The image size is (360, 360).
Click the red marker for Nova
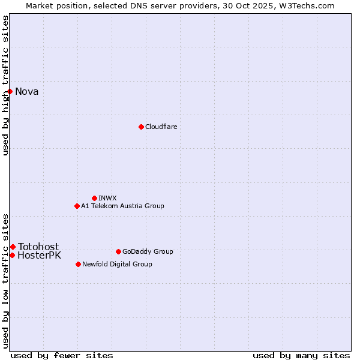click(x=10, y=91)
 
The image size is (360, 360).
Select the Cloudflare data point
click(x=141, y=127)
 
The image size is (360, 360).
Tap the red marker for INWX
click(x=94, y=198)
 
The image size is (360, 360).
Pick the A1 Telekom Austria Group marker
click(x=77, y=206)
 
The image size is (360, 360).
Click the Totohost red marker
click(x=13, y=247)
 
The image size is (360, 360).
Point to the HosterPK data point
click(x=12, y=255)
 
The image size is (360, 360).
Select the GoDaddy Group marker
click(x=118, y=251)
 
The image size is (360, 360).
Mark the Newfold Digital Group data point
click(x=78, y=264)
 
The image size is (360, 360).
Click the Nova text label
click(x=27, y=91)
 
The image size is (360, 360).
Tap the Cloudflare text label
click(x=161, y=127)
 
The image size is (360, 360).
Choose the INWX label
click(x=107, y=198)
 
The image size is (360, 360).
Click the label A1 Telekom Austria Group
click(x=122, y=206)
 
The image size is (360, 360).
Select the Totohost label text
click(x=38, y=247)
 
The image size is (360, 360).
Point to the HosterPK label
click(x=39, y=256)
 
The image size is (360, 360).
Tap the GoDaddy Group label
click(x=148, y=251)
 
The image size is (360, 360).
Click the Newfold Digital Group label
click(x=117, y=264)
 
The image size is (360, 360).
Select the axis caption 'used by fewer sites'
click(x=62, y=355)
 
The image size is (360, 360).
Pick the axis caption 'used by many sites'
click(x=301, y=355)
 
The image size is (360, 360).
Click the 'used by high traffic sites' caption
click(x=5, y=85)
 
